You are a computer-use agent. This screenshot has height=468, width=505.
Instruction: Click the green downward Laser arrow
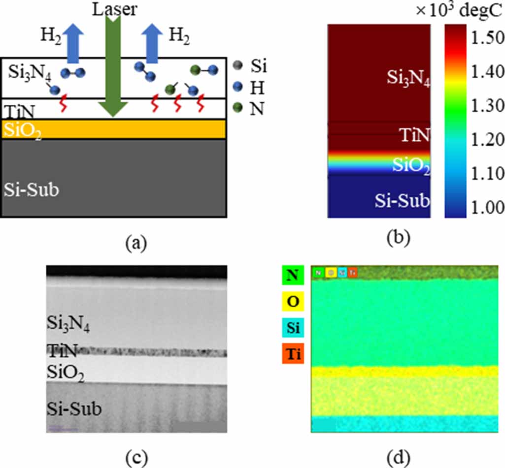(113, 64)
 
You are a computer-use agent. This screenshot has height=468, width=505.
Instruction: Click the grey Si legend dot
(240, 65)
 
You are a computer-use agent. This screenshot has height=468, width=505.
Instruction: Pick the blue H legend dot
(240, 87)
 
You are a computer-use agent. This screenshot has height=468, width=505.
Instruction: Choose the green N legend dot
(240, 108)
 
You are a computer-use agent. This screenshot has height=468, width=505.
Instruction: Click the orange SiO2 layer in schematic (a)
(113, 129)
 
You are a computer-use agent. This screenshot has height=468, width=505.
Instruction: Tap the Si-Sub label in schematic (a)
(32, 190)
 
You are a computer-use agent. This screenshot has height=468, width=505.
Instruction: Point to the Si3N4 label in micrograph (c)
(69, 325)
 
